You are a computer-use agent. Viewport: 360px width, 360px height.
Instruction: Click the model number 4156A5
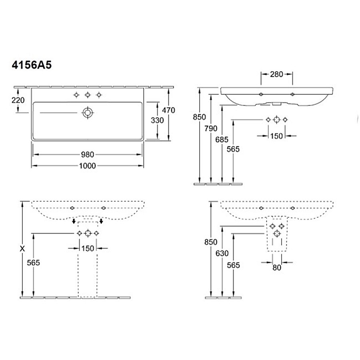[32, 65]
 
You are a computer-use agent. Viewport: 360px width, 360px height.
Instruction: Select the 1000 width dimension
[87, 166]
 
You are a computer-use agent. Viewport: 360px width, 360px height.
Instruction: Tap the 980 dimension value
[88, 154]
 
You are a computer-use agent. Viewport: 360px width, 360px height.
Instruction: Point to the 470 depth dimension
[168, 110]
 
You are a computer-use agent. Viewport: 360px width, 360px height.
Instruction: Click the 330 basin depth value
[157, 120]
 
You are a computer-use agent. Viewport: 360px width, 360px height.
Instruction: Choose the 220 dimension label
[18, 100]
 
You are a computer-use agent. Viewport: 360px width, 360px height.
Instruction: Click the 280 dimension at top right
[276, 74]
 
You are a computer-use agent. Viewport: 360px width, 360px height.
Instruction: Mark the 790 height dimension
[211, 128]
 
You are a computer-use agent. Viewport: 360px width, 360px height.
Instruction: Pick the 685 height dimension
[222, 140]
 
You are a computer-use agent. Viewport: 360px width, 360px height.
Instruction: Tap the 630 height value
[222, 253]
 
